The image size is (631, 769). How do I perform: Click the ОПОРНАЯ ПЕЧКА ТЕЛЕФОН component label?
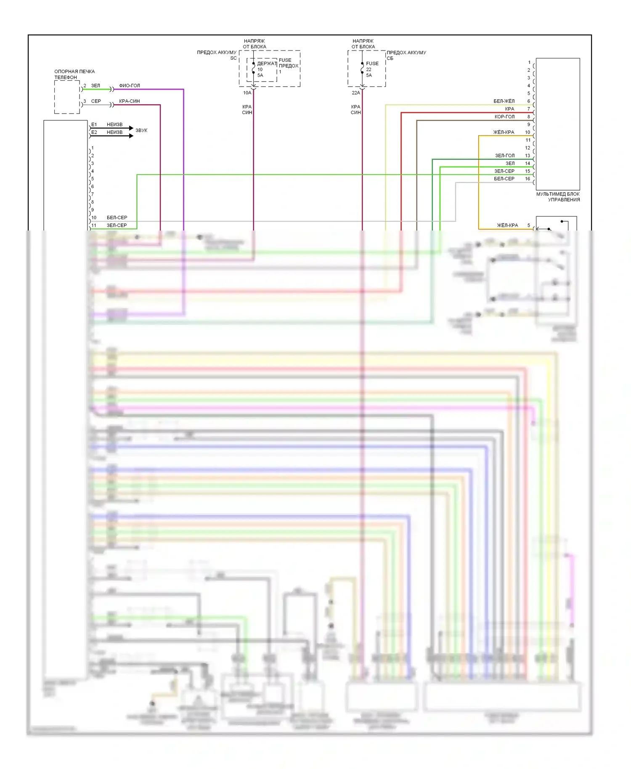74,74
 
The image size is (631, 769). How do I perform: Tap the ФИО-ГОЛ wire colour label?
129,86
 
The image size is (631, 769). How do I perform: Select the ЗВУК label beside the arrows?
141,130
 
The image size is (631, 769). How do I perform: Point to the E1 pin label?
94,125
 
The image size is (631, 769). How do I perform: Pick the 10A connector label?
247,93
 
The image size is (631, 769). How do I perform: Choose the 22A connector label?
356,93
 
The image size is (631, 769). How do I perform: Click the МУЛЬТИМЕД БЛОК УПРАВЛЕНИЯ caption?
558,197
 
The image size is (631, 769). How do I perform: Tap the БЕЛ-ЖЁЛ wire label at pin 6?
504,101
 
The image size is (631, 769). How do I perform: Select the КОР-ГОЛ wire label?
504,117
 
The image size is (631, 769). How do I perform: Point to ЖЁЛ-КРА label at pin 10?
504,133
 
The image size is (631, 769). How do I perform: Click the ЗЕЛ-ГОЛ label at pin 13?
504,156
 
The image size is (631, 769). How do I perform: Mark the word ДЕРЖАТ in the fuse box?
267,64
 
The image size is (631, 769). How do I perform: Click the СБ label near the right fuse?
390,58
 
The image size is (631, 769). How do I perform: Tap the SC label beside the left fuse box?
233,58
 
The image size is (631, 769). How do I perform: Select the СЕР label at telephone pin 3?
96,101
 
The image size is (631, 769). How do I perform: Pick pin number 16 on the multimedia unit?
528,179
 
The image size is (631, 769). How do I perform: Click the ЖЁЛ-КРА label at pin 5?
507,225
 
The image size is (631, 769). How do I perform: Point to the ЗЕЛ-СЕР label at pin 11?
117,225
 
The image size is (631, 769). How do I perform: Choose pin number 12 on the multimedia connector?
528,148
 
